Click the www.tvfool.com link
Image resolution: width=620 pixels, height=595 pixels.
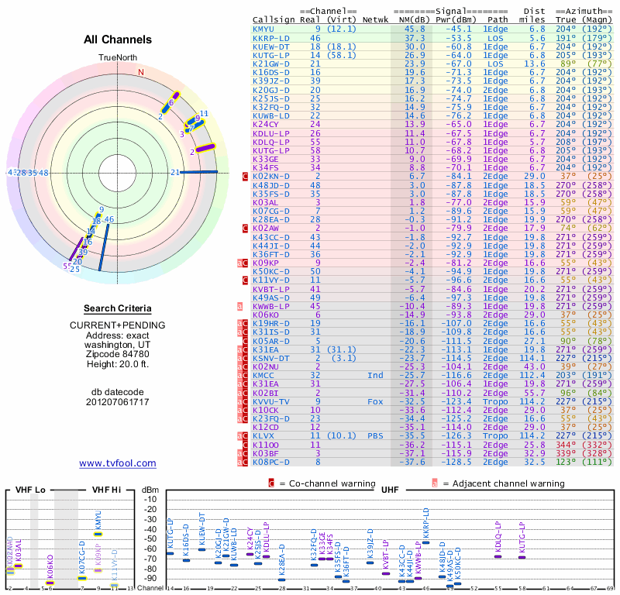(117, 463)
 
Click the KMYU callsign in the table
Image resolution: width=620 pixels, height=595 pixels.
(263, 29)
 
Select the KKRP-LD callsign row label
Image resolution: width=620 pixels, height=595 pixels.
(269, 37)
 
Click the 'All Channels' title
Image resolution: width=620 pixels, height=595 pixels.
(117, 40)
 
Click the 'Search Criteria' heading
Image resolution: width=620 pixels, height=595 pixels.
(118, 308)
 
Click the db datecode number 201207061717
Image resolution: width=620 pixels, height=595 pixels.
(118, 401)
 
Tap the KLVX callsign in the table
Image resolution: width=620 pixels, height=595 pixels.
(263, 435)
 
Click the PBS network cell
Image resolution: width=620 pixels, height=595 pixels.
(375, 435)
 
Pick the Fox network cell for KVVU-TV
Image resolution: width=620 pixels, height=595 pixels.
(375, 401)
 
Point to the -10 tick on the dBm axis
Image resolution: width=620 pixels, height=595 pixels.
(150, 498)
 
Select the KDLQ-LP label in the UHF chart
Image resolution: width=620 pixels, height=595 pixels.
(498, 535)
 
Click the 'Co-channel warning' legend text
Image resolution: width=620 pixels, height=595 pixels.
(319, 483)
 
